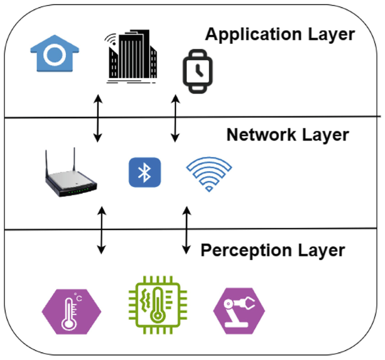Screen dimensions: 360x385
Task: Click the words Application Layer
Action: (x=279, y=34)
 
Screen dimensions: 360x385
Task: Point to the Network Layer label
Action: (x=287, y=135)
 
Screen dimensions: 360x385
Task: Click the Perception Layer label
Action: (x=273, y=249)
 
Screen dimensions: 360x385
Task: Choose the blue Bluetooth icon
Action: (x=145, y=172)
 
